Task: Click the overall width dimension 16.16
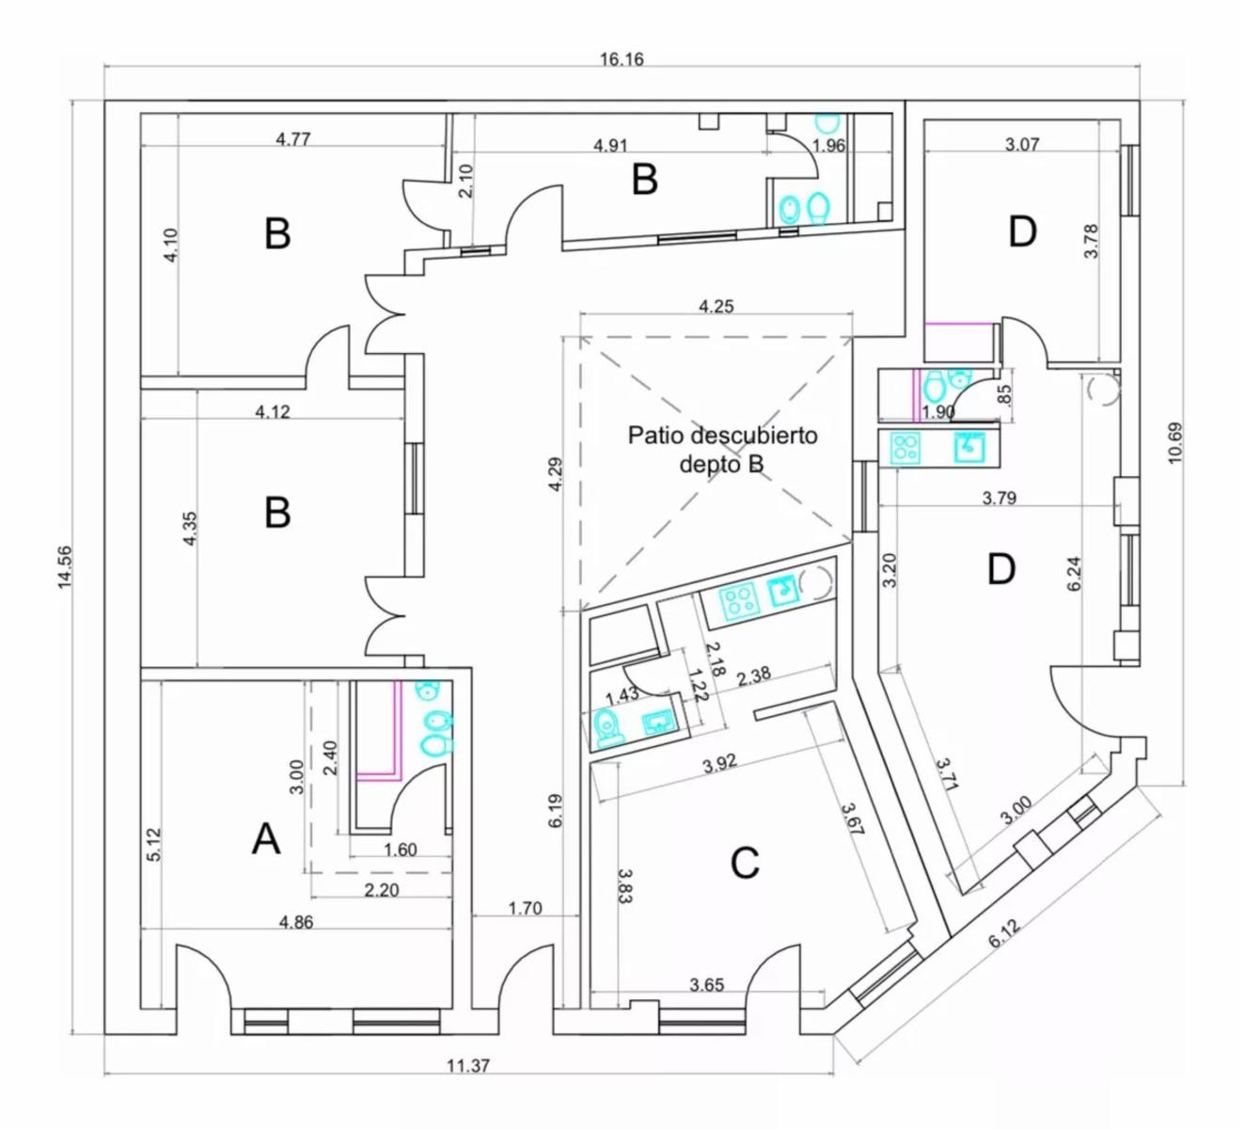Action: pyautogui.click(x=622, y=59)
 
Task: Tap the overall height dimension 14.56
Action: pyautogui.click(x=65, y=567)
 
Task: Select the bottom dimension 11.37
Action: pyautogui.click(x=468, y=1066)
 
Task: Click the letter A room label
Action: pyautogui.click(x=266, y=839)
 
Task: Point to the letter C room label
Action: pyautogui.click(x=744, y=863)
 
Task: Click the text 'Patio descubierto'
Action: pyautogui.click(x=722, y=435)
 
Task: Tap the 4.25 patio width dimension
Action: pyautogui.click(x=716, y=306)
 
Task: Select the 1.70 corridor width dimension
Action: pyautogui.click(x=526, y=909)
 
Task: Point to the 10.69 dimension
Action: pyautogui.click(x=1174, y=442)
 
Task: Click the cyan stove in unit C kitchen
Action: pyautogui.click(x=738, y=600)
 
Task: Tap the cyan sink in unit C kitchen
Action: pyautogui.click(x=783, y=592)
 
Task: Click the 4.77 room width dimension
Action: pyautogui.click(x=292, y=138)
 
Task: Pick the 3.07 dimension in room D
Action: pyautogui.click(x=1021, y=145)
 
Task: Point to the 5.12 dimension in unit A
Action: pyautogui.click(x=154, y=844)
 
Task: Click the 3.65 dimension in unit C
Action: pyautogui.click(x=707, y=985)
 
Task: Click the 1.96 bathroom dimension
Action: pyautogui.click(x=828, y=146)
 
